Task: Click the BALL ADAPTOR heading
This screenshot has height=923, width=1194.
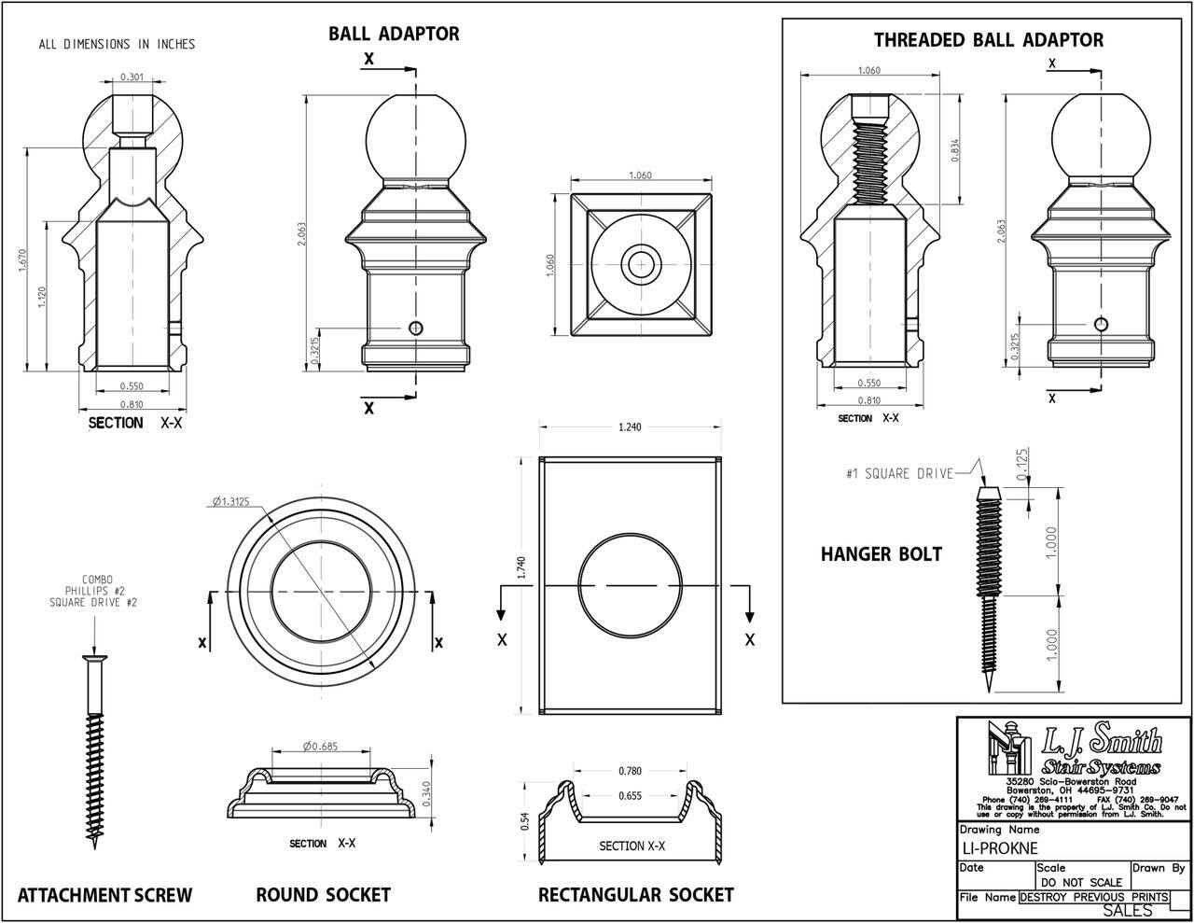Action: [394, 34]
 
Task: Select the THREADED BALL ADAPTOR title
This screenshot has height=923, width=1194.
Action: [988, 40]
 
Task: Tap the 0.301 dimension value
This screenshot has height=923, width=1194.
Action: [132, 77]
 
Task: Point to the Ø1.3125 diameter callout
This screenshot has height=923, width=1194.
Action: [230, 501]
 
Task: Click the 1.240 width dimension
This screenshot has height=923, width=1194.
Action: [630, 427]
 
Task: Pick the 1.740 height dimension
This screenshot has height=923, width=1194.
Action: [521, 568]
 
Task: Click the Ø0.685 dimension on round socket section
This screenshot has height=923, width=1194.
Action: [319, 746]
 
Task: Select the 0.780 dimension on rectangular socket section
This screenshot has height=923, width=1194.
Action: [630, 771]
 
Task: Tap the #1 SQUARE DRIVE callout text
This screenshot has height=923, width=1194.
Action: [899, 474]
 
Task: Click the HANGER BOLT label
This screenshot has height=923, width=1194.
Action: [881, 554]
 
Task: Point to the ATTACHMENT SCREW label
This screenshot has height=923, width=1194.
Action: [104, 896]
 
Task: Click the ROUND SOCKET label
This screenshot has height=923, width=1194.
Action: [323, 896]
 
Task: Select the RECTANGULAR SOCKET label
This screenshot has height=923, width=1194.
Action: [635, 896]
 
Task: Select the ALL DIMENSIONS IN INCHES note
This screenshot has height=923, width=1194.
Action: [117, 44]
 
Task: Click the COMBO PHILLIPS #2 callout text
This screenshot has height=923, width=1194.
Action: [93, 591]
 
